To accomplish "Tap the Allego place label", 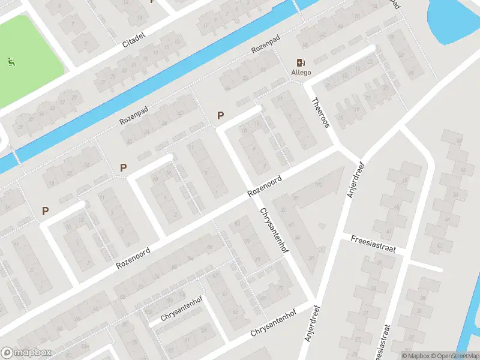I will point(301,73).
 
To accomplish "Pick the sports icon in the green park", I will point(10,61).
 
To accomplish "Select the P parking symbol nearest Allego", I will point(220,115).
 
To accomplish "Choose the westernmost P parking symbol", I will point(45,211).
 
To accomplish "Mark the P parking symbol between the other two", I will point(124,167).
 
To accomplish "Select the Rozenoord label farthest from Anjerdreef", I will point(133,254).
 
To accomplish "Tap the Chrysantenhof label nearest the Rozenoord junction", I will point(273,230).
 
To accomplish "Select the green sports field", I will point(30,54).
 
